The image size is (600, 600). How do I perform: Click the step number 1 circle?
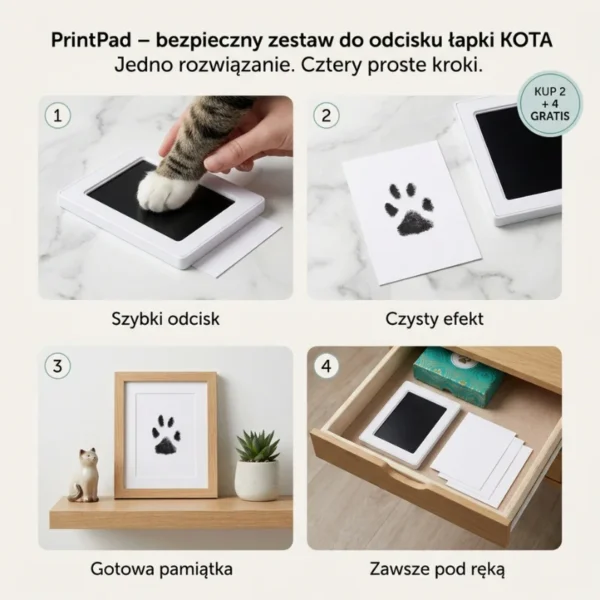(x=59, y=116)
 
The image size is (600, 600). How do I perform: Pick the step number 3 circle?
(x=59, y=367)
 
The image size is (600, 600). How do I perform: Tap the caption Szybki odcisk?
(x=165, y=320)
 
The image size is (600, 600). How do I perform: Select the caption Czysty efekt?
(x=434, y=320)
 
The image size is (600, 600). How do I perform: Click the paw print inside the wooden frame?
(x=166, y=433)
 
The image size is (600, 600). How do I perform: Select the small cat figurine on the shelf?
(x=85, y=475)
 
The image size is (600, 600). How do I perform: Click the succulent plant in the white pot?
(x=257, y=451)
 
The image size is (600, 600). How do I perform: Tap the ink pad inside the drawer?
(x=409, y=422)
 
